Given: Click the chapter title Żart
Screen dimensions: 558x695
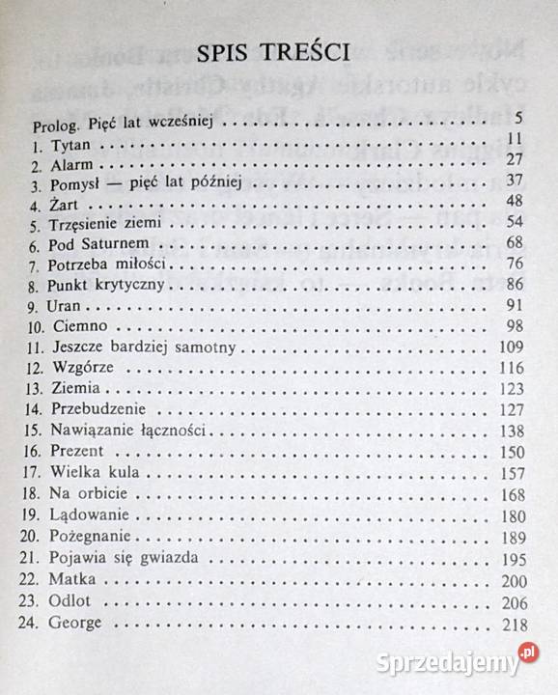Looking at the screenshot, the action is click(x=69, y=202).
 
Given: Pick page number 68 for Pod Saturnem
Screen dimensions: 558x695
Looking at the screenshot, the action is click(x=514, y=242).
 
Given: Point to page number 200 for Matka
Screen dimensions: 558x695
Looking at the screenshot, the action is click(x=510, y=579).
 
